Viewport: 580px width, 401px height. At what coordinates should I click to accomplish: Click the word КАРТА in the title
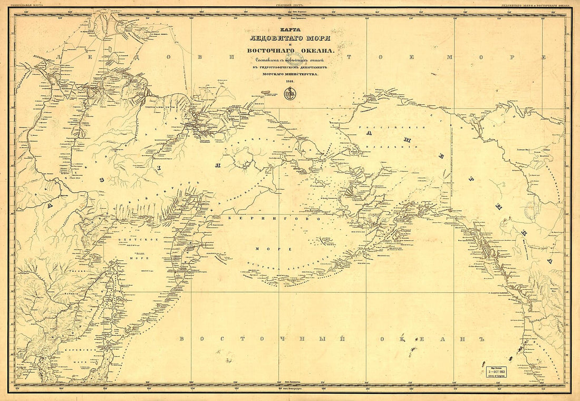289,31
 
